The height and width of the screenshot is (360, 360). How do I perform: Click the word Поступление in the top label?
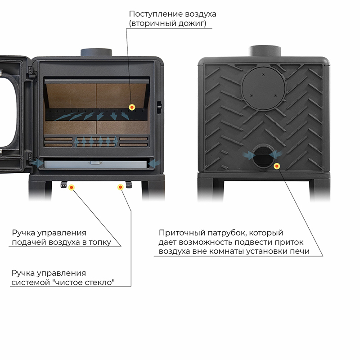(x=156, y=14)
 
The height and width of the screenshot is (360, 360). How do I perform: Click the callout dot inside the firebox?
(x=132, y=107)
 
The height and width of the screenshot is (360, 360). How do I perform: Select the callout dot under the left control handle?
(x=72, y=188)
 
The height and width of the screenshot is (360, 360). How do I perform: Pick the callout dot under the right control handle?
(x=120, y=187)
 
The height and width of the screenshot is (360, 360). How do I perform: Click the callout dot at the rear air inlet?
(x=277, y=166)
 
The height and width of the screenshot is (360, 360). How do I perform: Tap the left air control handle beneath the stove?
(x=63, y=184)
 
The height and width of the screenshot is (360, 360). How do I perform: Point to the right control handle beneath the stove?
(x=129, y=184)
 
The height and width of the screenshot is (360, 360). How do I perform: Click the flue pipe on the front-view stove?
(x=96, y=52)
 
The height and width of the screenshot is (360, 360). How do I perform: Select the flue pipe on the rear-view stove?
(x=265, y=51)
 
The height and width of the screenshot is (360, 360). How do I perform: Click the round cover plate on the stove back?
(x=263, y=88)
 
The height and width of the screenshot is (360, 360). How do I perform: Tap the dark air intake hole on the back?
(x=263, y=157)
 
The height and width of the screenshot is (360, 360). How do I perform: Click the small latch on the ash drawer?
(x=95, y=163)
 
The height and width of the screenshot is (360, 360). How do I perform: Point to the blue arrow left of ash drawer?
(x=37, y=163)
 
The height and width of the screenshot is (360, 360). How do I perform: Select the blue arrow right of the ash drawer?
(x=154, y=163)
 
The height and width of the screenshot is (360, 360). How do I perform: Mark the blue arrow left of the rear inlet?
(x=248, y=155)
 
